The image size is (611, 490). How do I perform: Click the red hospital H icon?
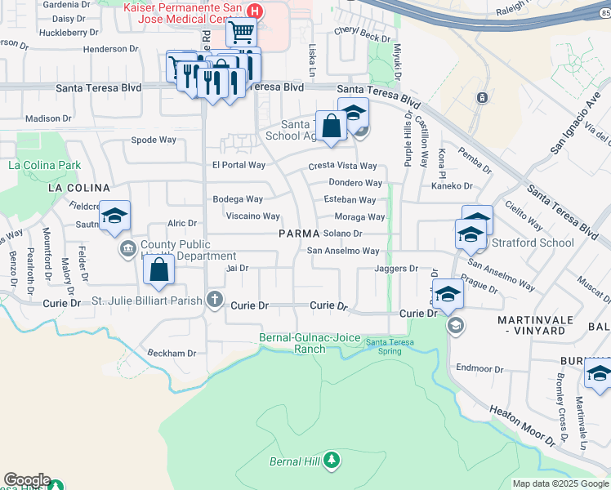[x=255, y=11]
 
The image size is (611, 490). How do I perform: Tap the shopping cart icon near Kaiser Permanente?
[x=242, y=33]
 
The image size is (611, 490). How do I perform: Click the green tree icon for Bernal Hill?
[x=332, y=461]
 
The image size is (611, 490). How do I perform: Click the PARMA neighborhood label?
[x=297, y=234]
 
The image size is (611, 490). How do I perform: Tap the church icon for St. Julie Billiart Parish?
[x=215, y=299]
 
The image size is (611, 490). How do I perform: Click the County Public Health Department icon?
[x=127, y=248]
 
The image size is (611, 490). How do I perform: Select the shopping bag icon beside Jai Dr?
[x=160, y=269]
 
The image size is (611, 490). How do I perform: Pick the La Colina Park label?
[x=45, y=165]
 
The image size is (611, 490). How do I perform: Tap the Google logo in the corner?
[x=27, y=480]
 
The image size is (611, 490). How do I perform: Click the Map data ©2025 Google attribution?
[x=560, y=483]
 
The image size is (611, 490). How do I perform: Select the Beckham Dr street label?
[x=172, y=354]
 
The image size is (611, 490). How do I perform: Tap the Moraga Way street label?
[x=359, y=217]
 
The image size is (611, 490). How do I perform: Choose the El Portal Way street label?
[x=239, y=165]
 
